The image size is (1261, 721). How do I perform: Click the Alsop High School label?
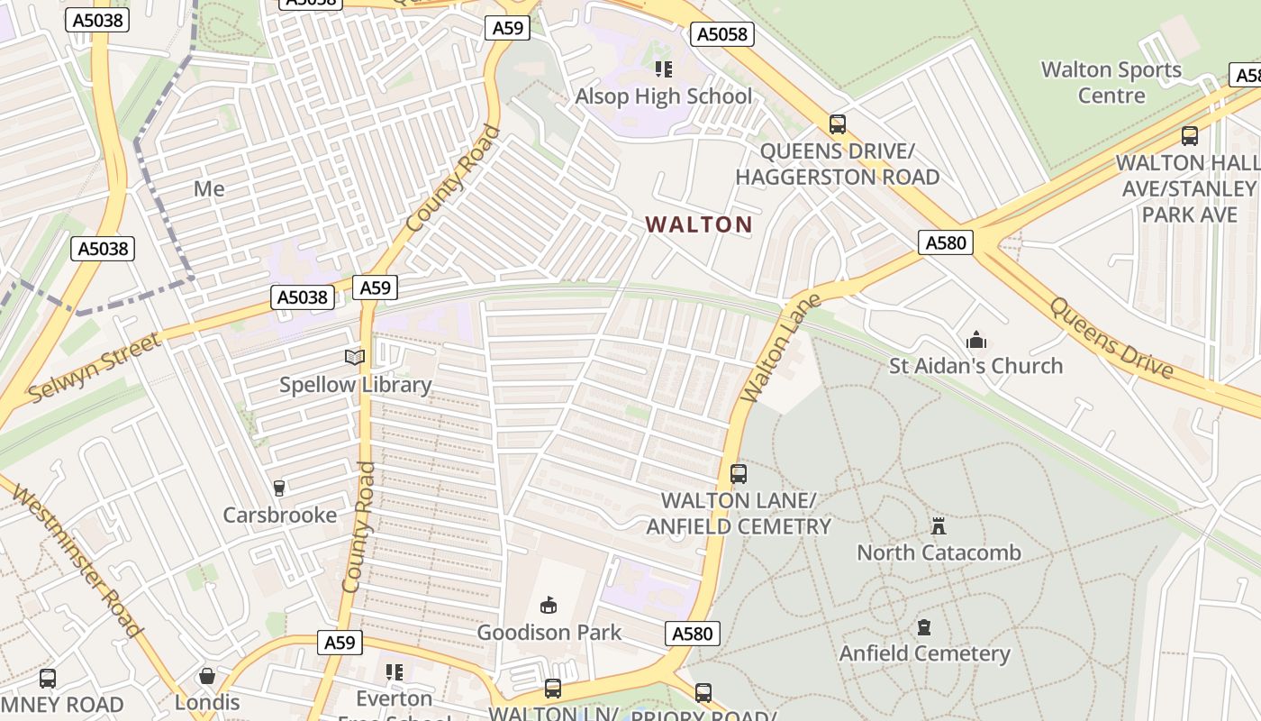[x=663, y=96]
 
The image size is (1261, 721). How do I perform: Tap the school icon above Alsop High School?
[x=664, y=69]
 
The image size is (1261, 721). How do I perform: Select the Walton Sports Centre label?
[x=1111, y=82]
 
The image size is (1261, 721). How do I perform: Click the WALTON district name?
[x=699, y=224]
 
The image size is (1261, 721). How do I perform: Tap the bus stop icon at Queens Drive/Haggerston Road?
[x=838, y=124]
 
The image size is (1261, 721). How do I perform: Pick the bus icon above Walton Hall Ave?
[x=1190, y=136]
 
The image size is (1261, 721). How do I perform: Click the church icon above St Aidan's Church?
[x=975, y=341]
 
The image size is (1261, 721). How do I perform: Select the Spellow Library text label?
[x=356, y=385]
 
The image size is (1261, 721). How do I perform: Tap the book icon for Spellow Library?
[x=356, y=358]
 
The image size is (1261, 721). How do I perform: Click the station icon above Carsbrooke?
[x=279, y=488]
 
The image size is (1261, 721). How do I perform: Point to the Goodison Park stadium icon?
[x=549, y=604]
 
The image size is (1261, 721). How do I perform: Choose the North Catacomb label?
[x=939, y=552]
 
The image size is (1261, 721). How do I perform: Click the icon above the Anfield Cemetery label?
[x=924, y=626]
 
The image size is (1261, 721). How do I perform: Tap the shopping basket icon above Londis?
[x=207, y=676]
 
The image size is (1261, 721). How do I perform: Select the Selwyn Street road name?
[x=95, y=367]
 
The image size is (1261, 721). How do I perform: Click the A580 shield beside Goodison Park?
[x=693, y=634]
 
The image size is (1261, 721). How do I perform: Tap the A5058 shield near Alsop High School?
[x=721, y=34]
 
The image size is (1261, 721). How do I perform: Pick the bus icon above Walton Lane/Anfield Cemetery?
[x=739, y=473]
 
